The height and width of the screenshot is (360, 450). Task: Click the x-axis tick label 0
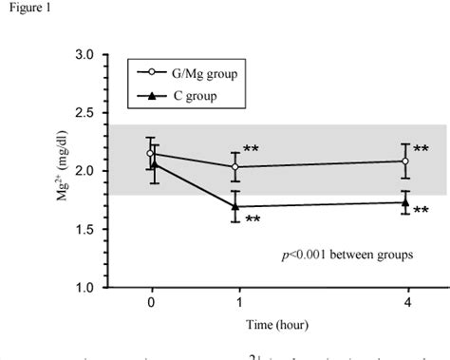(x=152, y=302)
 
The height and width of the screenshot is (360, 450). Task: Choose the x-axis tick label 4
(x=405, y=302)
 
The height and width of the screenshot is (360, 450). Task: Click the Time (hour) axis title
(x=278, y=325)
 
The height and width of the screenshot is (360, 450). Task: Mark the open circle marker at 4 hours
(x=405, y=161)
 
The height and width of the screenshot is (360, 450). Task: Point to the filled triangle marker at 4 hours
(x=405, y=201)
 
